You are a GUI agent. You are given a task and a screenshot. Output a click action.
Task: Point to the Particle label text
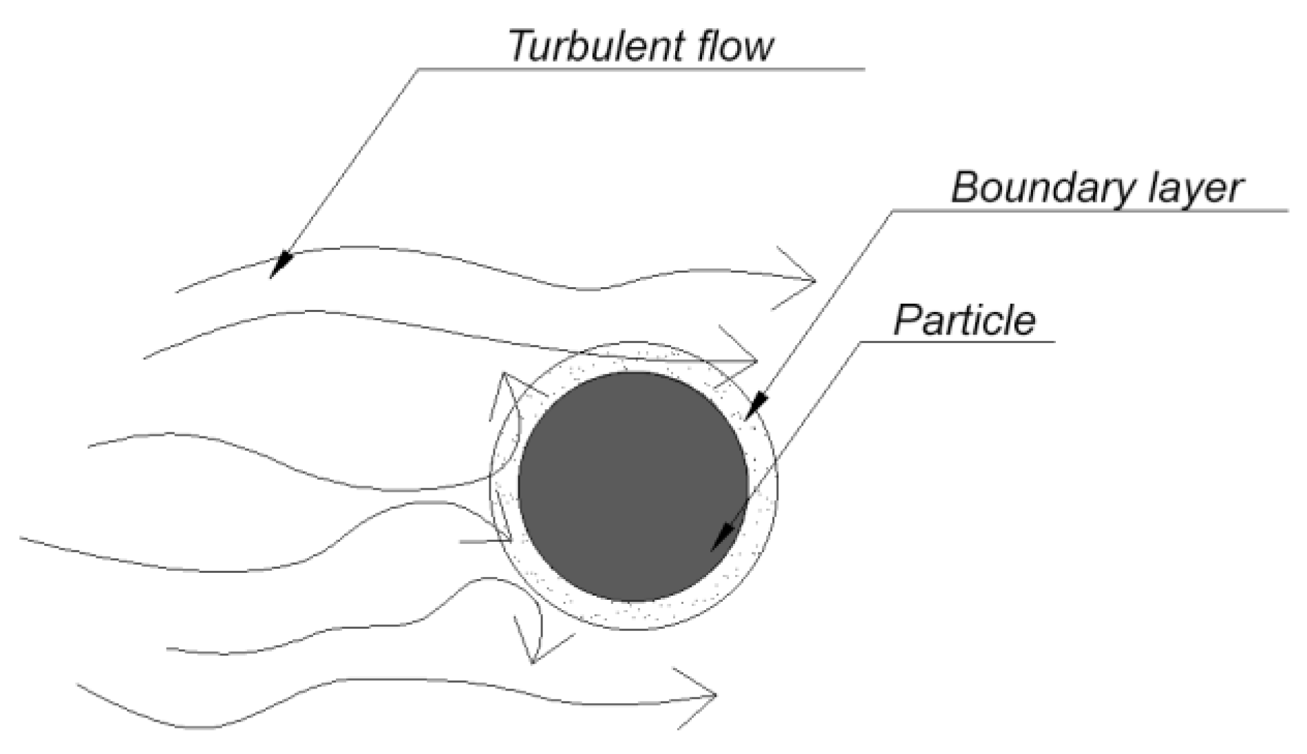pyautogui.click(x=964, y=320)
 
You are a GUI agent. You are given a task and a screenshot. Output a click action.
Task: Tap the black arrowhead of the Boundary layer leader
pyautogui.click(x=755, y=406)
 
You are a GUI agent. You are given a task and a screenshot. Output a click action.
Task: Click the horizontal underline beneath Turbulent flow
pyautogui.click(x=640, y=69)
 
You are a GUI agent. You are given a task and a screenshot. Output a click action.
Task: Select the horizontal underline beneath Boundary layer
pyautogui.click(x=1087, y=210)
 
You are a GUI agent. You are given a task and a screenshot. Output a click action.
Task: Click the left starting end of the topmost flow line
pyautogui.click(x=178, y=292)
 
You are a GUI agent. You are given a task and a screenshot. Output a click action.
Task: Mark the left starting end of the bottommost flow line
pyautogui.click(x=78, y=685)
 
